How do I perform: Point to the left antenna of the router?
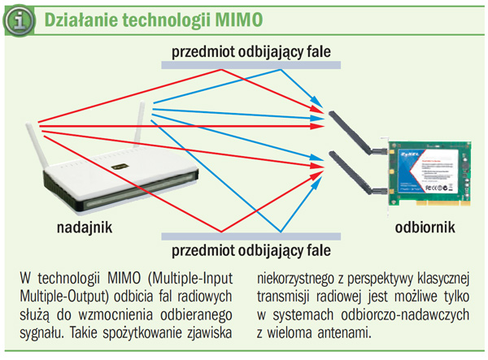(36, 147)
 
